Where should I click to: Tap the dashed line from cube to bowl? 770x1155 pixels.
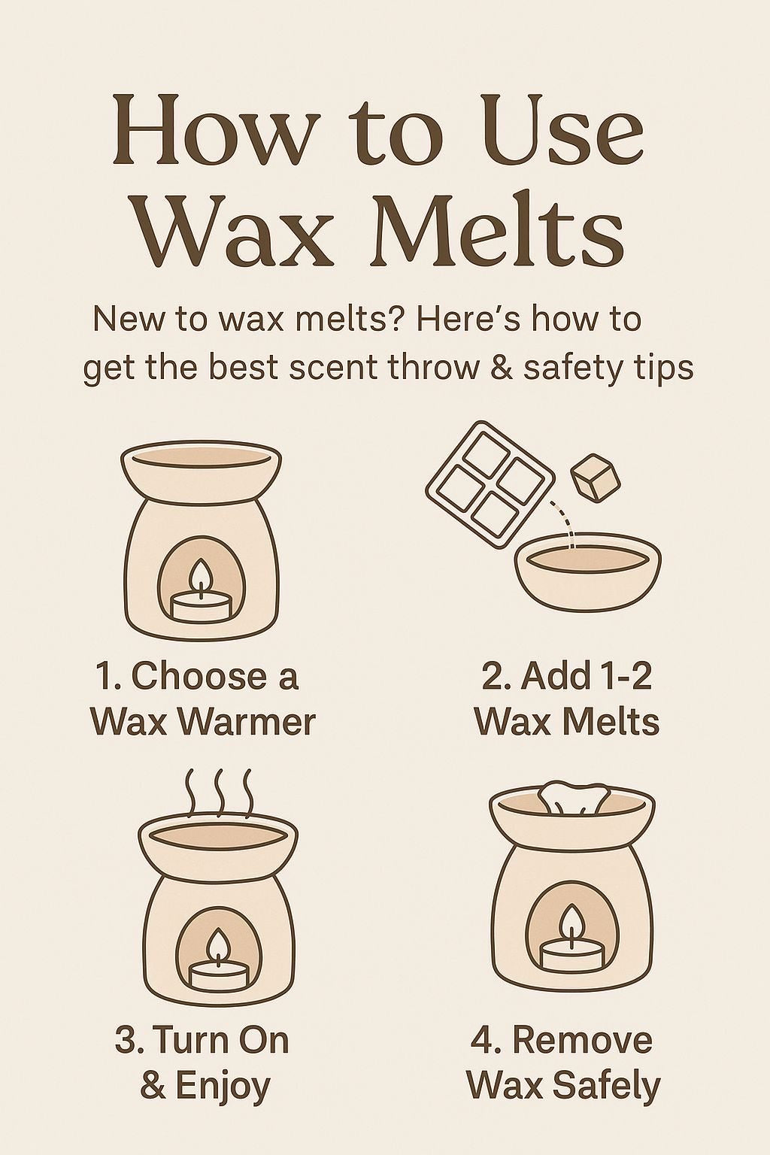click(564, 524)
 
